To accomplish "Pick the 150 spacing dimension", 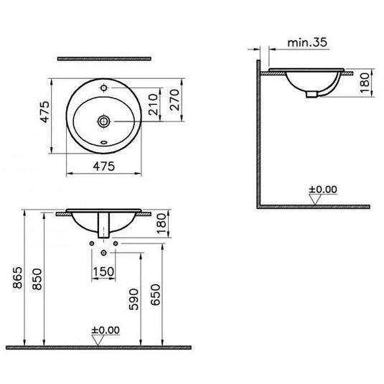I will (x=105, y=273).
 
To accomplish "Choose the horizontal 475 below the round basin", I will (x=105, y=166).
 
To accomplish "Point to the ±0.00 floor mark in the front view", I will (x=106, y=331).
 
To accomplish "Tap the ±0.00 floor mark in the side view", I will (x=322, y=190).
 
